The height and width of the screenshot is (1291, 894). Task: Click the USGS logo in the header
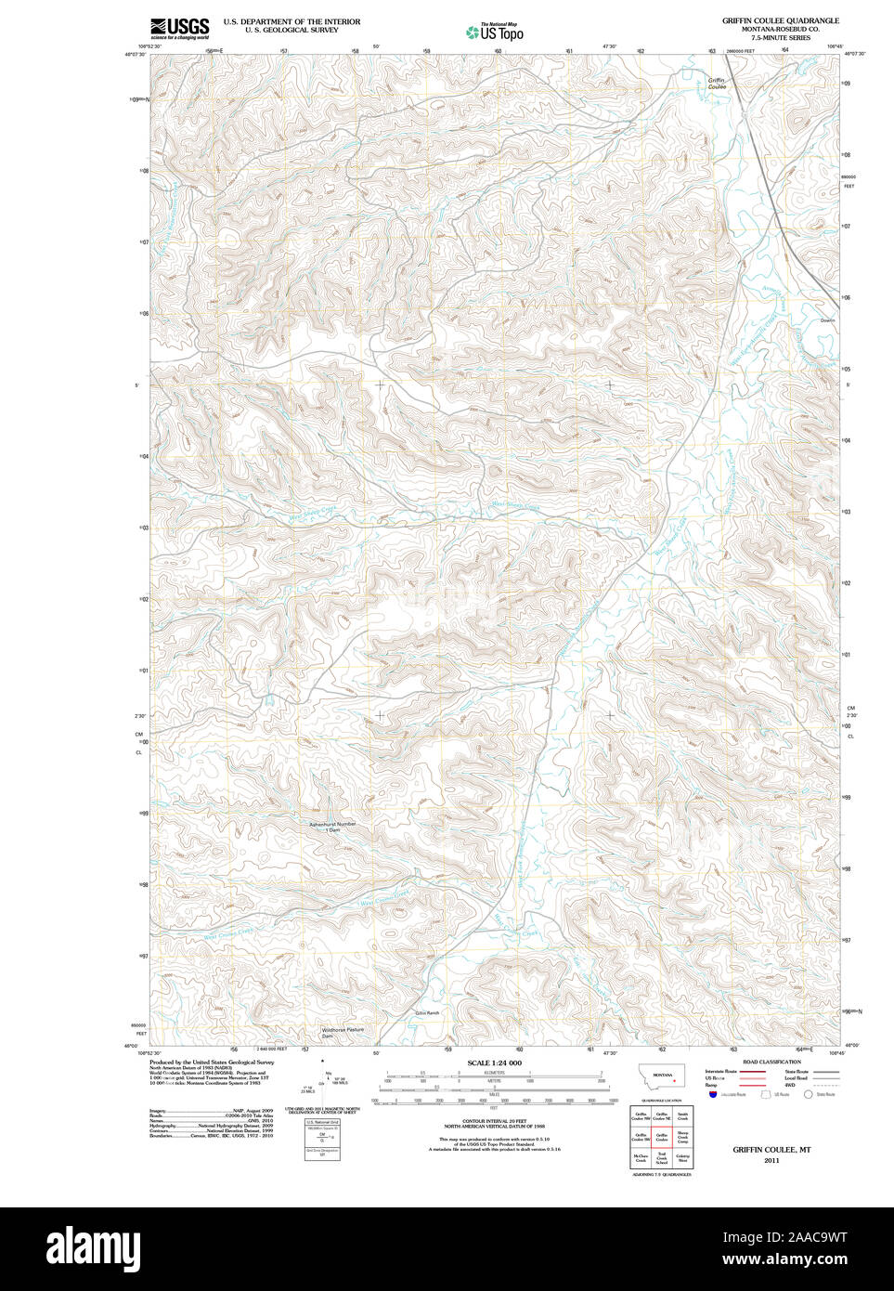click(180, 28)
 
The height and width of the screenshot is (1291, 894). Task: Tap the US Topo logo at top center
click(495, 32)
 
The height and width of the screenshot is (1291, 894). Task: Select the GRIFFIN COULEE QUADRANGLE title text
click(780, 20)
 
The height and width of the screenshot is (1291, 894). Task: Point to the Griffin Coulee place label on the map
click(716, 83)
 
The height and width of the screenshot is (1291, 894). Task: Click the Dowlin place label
click(827, 320)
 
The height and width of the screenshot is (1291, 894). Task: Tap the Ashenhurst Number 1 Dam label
click(332, 827)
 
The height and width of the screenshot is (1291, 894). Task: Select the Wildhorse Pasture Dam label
click(342, 1032)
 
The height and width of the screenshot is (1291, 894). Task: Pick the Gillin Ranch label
click(427, 1013)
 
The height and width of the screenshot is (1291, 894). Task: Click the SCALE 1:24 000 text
click(494, 1063)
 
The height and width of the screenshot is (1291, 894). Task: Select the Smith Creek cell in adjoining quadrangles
click(682, 1115)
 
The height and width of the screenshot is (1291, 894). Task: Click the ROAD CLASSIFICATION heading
click(771, 1062)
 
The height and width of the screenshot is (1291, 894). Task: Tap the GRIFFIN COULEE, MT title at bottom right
click(771, 1149)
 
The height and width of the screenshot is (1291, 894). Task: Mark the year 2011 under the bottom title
click(771, 1160)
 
